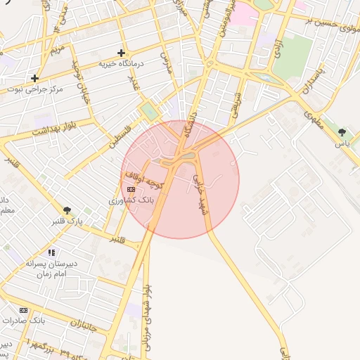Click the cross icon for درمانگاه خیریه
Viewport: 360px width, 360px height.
pos(122,53)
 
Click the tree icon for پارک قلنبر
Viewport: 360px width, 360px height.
pos(67,210)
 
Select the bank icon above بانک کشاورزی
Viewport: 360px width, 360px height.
pos(131,190)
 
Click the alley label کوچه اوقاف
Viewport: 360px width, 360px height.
pos(144,178)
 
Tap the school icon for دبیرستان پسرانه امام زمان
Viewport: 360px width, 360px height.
pos(51,252)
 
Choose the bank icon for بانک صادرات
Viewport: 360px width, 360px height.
pos(24,310)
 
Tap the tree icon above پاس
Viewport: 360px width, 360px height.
pos(342,131)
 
